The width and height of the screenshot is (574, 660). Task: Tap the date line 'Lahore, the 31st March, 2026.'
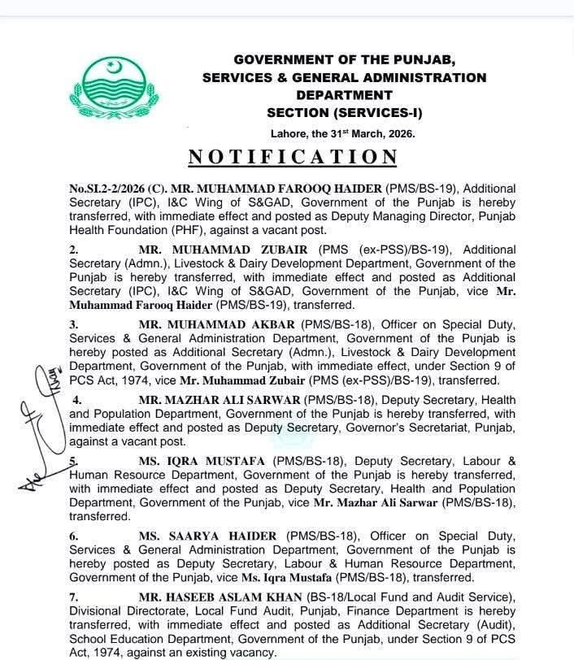341,133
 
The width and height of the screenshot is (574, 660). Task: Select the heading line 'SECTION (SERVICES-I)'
344,112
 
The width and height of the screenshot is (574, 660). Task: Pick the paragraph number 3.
73,324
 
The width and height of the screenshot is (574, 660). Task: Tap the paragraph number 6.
73,537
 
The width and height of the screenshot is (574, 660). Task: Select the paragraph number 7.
73,599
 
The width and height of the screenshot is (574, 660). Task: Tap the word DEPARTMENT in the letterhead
344,95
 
